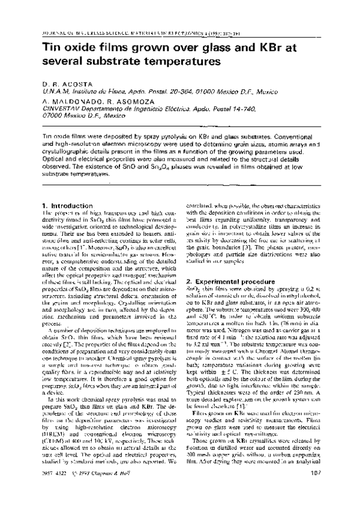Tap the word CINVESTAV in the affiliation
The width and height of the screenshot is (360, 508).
pyautogui.click(x=65, y=109)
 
